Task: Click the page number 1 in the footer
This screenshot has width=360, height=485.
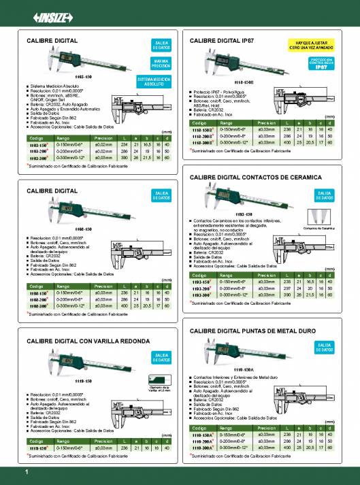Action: (x=26, y=471)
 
